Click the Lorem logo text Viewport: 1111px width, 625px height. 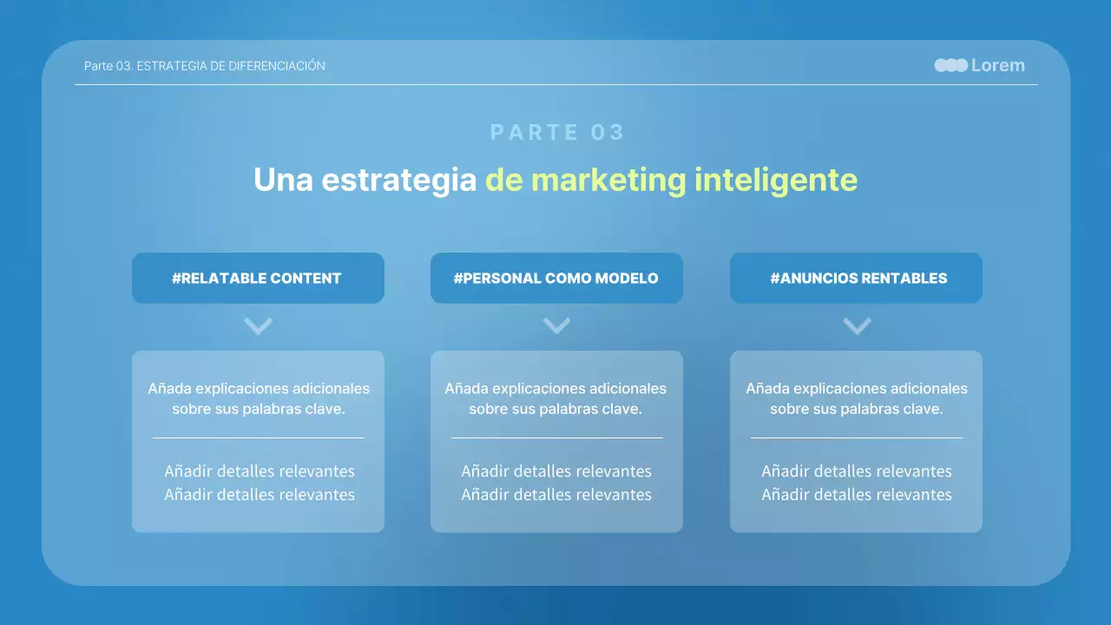pos(997,65)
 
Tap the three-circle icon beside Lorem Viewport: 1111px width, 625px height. pos(950,65)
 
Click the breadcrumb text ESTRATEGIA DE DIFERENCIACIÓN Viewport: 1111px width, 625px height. pos(231,66)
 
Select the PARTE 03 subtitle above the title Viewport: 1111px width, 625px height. pos(557,132)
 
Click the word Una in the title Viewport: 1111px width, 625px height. pos(283,180)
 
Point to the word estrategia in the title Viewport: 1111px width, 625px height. pos(399,180)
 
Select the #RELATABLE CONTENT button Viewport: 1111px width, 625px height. pos(258,279)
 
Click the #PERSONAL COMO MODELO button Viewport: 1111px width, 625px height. pos(556,279)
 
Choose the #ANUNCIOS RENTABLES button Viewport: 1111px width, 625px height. pos(856,279)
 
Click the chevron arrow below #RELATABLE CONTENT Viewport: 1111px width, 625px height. pos(258,326)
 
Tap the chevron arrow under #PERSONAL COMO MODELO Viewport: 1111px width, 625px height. pos(556,326)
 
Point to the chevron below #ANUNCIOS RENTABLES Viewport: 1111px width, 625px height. pos(857,326)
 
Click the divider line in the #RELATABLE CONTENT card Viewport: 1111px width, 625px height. pos(258,438)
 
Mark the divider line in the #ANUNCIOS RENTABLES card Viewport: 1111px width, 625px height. pos(856,438)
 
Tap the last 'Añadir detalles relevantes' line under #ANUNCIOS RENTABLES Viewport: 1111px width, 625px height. pos(856,495)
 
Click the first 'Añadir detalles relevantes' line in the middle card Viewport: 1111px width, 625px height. pos(556,471)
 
